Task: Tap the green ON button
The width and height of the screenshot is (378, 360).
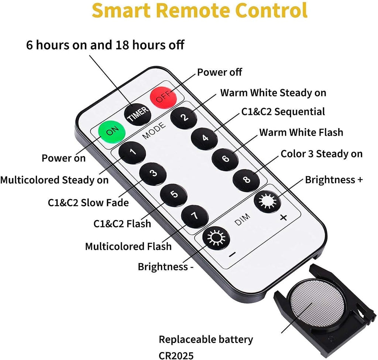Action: click(x=112, y=132)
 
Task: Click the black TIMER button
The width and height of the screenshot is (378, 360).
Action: click(x=138, y=114)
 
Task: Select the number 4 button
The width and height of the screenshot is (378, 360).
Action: click(x=205, y=139)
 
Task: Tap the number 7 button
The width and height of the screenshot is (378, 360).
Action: click(x=195, y=216)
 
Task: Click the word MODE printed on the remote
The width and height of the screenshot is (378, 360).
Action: click(x=154, y=131)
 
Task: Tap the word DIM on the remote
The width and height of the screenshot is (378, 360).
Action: click(x=242, y=220)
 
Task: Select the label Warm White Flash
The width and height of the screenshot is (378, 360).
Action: click(x=301, y=132)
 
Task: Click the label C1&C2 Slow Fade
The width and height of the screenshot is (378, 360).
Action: click(x=88, y=203)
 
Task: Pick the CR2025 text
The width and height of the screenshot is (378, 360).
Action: click(x=176, y=356)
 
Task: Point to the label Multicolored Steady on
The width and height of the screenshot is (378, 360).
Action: click(x=55, y=180)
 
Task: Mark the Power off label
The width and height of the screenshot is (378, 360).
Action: click(x=220, y=72)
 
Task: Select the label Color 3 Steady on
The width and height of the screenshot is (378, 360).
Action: click(x=322, y=154)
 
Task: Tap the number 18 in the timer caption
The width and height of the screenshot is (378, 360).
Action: click(x=123, y=45)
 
